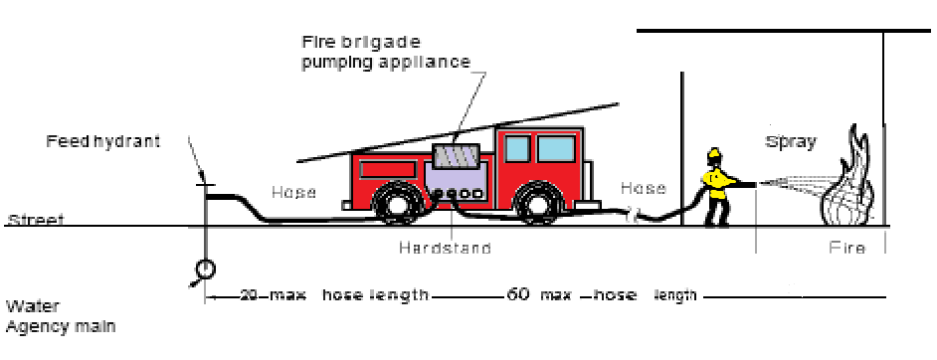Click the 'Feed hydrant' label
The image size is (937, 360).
102,142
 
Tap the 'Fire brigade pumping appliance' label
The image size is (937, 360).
385,53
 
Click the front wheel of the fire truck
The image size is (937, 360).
536,203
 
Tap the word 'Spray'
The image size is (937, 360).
790,142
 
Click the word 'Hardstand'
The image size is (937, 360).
446,248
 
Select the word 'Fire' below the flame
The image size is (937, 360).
846,248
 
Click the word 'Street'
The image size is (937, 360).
35,221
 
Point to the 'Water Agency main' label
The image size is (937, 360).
61,317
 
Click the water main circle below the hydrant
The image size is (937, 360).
205,269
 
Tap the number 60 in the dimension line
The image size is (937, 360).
518,294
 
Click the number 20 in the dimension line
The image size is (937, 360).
251,295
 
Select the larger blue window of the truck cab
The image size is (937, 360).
556,148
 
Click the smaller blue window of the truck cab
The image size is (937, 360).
517,148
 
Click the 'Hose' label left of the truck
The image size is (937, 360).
294,192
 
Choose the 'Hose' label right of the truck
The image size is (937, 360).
643,188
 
